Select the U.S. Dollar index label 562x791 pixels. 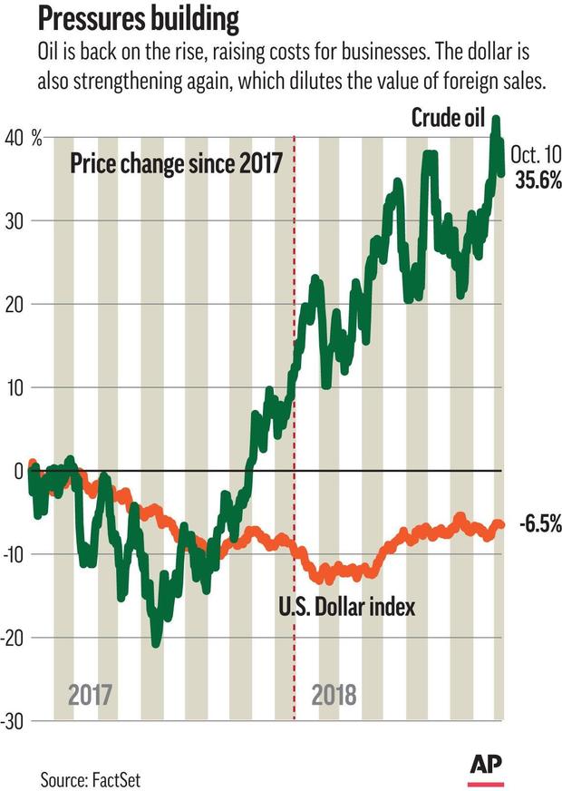pos(348,605)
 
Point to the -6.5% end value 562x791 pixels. pos(540,524)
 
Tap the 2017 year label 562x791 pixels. pos(90,696)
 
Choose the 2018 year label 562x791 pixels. pos(334,696)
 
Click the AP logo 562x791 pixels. pos(486,767)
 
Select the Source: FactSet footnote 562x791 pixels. pos(91,778)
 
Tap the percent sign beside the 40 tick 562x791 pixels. pos(37,139)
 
